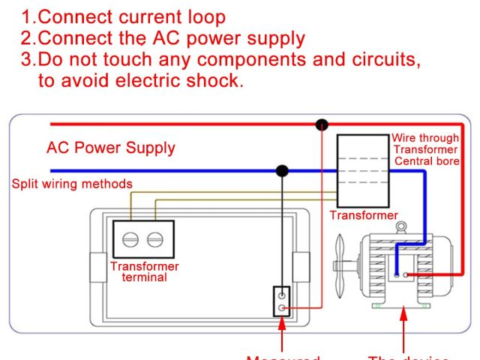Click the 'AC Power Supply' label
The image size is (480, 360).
tap(112, 148)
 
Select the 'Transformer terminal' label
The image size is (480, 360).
tap(145, 271)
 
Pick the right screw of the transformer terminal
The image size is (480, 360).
tap(155, 239)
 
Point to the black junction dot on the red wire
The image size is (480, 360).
tap(322, 124)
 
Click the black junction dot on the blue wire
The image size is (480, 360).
tap(282, 171)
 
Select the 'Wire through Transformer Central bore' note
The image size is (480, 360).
tap(426, 149)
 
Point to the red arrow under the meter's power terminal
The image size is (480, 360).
tap(283, 334)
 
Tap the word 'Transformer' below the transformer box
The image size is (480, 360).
tap(364, 216)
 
